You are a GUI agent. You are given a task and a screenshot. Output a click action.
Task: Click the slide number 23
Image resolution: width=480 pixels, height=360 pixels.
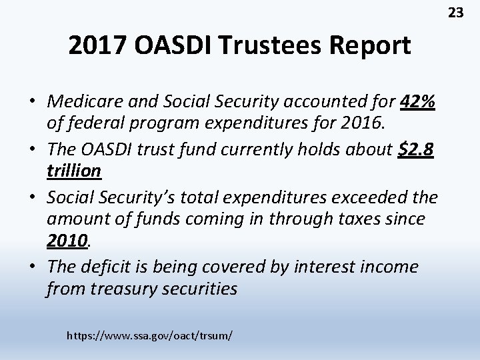[456, 12]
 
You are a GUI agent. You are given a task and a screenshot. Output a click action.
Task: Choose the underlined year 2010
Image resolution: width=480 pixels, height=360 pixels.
[67, 239]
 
